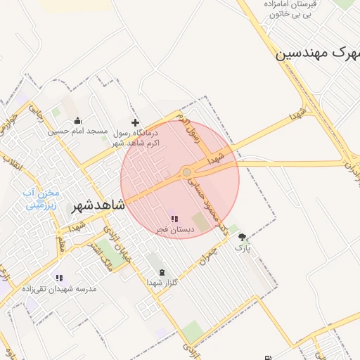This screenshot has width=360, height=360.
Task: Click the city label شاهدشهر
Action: pos(98,206)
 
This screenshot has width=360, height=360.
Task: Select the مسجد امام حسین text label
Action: pos(77,131)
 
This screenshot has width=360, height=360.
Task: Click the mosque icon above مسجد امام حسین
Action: pos(77,121)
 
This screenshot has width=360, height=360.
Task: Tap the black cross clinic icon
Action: pos(135,122)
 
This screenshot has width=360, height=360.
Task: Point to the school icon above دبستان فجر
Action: pos(174,219)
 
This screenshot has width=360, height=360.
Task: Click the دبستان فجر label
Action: pos(173,229)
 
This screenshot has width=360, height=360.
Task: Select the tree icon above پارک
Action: pos(243,238)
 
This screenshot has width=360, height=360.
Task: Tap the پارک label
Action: pos(242,247)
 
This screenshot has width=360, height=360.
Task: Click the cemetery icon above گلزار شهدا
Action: pos(162,272)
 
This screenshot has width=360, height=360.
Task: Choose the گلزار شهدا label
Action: pos(162,282)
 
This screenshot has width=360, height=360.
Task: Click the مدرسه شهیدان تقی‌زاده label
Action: pos(59,288)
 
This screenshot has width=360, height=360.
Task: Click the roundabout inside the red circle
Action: pos(186,172)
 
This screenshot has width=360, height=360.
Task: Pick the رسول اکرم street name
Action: pos(188,128)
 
